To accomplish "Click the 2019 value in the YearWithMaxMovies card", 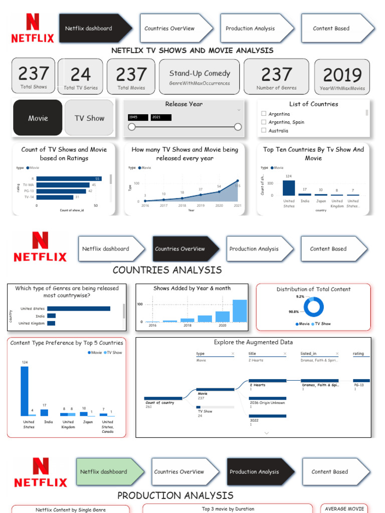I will (342, 75).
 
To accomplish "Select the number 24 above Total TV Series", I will (80, 75).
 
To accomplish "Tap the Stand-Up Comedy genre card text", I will (200, 73).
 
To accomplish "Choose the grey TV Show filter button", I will (89, 118).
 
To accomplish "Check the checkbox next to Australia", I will (264, 130).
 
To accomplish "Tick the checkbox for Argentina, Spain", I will (264, 122).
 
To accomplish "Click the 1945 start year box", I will (138, 117).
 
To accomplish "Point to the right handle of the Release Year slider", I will (238, 127).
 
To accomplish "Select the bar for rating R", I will (69, 178).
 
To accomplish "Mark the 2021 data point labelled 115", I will (238, 181).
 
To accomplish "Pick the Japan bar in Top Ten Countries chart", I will (321, 194).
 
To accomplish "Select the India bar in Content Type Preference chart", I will (44, 412).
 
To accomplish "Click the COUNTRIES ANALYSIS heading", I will (167, 270).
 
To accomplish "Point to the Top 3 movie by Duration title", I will (228, 509).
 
